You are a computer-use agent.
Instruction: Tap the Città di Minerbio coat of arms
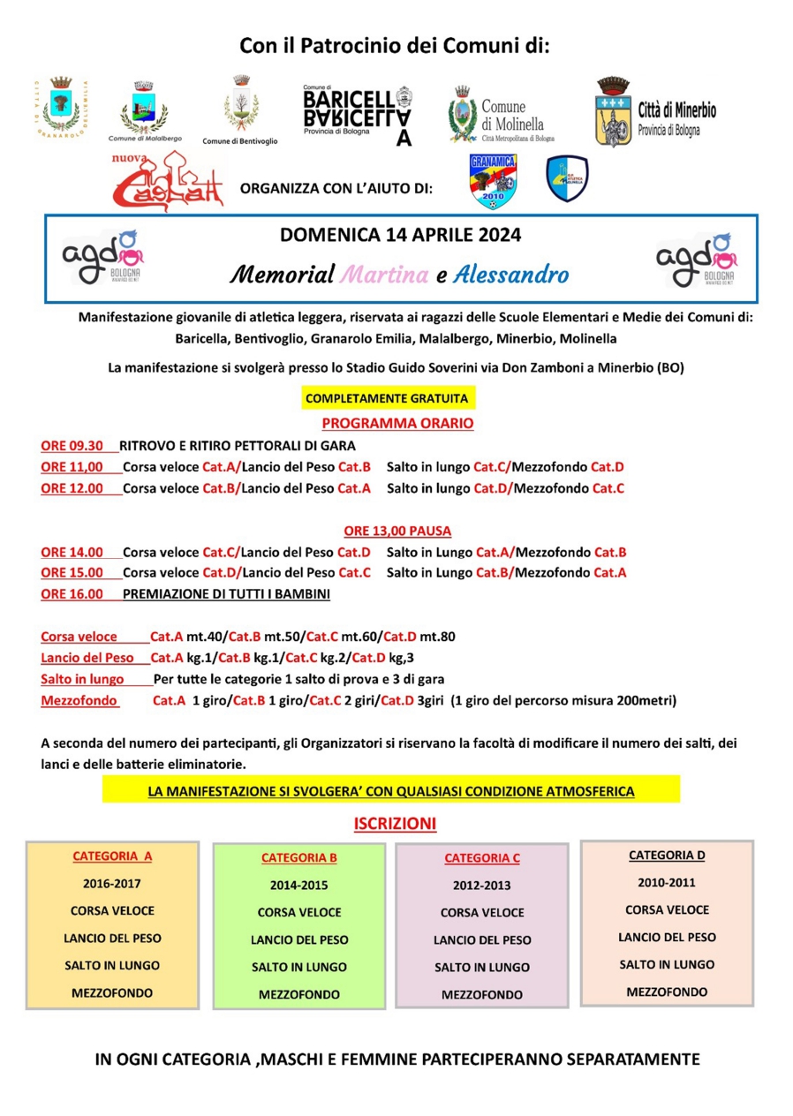click(x=612, y=112)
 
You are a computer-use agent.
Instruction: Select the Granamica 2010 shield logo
click(x=493, y=181)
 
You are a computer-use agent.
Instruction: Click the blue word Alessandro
click(x=511, y=275)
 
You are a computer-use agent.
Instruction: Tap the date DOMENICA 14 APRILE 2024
click(x=400, y=236)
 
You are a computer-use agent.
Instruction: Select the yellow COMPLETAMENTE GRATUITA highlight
click(x=387, y=399)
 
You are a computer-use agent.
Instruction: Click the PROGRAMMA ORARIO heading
click(x=396, y=424)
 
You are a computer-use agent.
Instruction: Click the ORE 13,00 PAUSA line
click(x=397, y=532)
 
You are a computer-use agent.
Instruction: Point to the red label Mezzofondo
click(x=73, y=701)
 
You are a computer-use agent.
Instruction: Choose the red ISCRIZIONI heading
click(x=396, y=824)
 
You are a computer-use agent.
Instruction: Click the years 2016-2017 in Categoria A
click(x=112, y=883)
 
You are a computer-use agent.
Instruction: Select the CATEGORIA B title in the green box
click(x=298, y=857)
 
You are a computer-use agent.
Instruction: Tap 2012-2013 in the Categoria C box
click(x=481, y=886)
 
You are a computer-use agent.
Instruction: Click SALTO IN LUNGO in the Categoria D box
click(x=667, y=964)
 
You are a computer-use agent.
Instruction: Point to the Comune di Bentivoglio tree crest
click(x=239, y=106)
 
